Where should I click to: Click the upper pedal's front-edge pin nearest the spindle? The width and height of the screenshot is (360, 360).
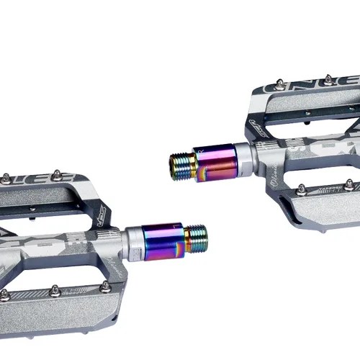301,189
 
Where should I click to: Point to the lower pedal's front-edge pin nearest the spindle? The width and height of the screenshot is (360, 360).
105,286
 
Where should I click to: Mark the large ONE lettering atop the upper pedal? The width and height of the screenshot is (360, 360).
295,92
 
